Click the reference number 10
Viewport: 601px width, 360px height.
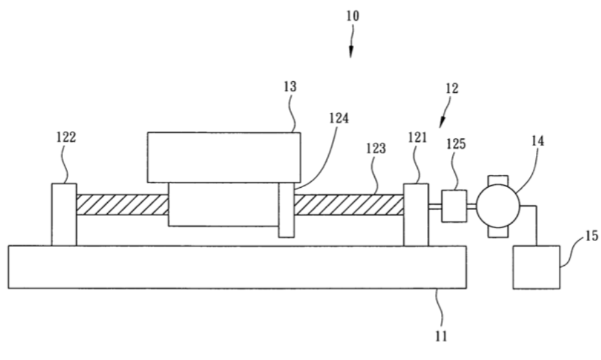pyautogui.click(x=353, y=16)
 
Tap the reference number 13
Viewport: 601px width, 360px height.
pyautogui.click(x=290, y=86)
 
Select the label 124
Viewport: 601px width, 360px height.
pyautogui.click(x=339, y=118)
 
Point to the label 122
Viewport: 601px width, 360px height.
pyautogui.click(x=66, y=137)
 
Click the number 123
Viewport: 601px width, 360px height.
pyautogui.click(x=376, y=148)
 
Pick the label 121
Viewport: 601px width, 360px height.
pyautogui.click(x=417, y=137)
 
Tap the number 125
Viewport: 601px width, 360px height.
pyautogui.click(x=455, y=144)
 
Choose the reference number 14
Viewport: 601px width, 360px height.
pyautogui.click(x=537, y=141)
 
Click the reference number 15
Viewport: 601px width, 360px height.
pyautogui.click(x=591, y=235)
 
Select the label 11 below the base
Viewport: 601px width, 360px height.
pyautogui.click(x=441, y=336)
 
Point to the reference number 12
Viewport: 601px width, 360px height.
pyautogui.click(x=452, y=88)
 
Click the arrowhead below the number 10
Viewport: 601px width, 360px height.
pyautogui.click(x=351, y=52)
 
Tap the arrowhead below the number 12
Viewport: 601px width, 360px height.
pyautogui.click(x=442, y=122)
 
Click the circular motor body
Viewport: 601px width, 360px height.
pyautogui.click(x=498, y=206)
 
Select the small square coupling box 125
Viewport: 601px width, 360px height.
pyautogui.click(x=454, y=206)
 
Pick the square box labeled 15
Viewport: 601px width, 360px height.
pyautogui.click(x=536, y=267)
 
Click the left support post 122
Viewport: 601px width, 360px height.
pyautogui.click(x=64, y=214)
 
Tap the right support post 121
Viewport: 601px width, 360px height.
pyautogui.click(x=416, y=214)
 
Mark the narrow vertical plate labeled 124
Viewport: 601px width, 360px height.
pyautogui.click(x=287, y=210)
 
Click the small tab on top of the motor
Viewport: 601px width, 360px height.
pyautogui.click(x=498, y=180)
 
